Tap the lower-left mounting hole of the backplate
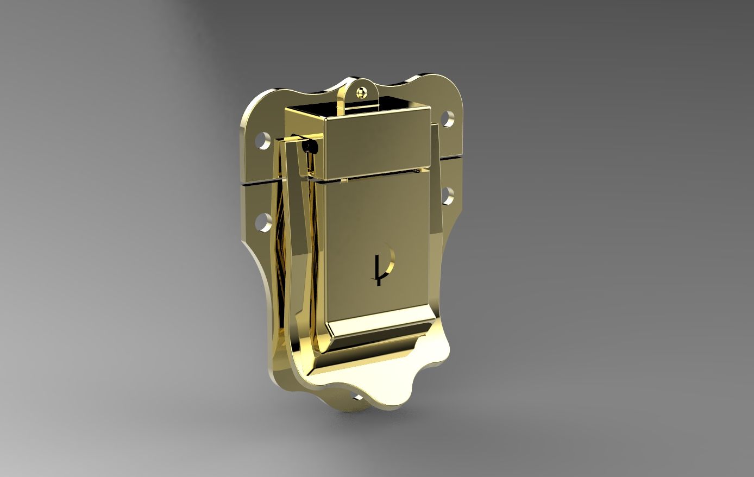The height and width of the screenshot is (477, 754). click(x=263, y=221)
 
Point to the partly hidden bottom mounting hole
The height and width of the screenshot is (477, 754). click(x=357, y=398)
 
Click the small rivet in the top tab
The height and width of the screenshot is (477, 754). click(x=361, y=93)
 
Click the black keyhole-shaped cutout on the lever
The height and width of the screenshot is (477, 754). click(x=385, y=263)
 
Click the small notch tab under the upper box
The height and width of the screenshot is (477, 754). click(x=343, y=179)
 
